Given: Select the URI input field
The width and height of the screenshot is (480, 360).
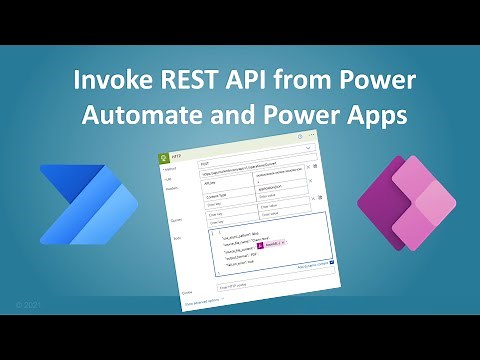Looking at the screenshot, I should [x=260, y=176].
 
